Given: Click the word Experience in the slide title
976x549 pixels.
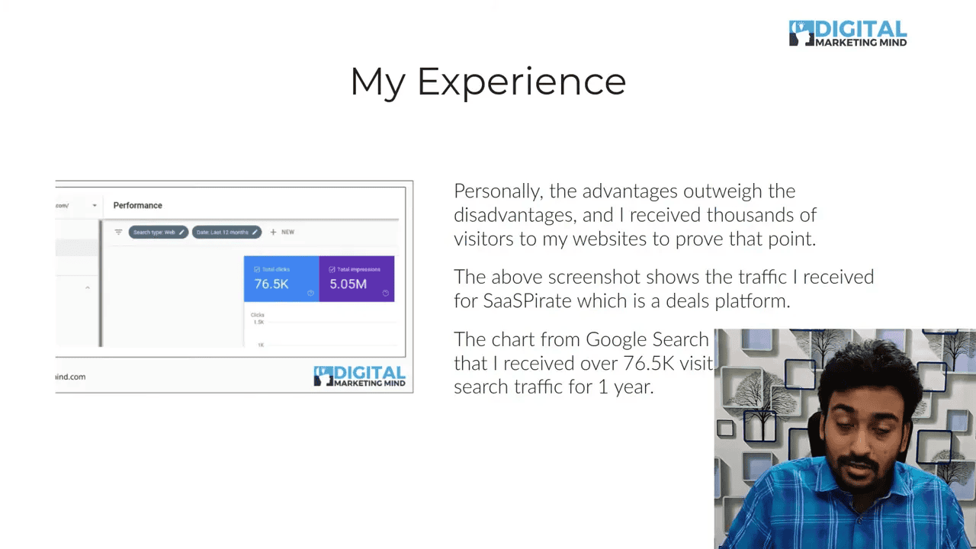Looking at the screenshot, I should [522, 82].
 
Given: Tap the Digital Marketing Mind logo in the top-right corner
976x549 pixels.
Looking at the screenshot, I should [847, 34].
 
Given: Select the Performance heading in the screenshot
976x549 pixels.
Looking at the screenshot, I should [137, 205].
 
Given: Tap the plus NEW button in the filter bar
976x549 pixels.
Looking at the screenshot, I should [282, 232].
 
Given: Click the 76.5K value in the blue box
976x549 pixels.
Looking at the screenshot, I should [271, 284].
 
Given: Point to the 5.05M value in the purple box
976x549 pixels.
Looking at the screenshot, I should [348, 284].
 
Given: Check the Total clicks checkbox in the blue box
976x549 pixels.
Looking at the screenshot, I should [257, 270].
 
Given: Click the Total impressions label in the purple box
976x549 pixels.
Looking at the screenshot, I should [359, 270].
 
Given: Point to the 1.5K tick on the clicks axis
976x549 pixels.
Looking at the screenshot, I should [258, 322].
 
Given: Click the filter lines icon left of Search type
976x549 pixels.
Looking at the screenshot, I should [118, 232].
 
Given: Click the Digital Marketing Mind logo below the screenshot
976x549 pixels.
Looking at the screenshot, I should [359, 377].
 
